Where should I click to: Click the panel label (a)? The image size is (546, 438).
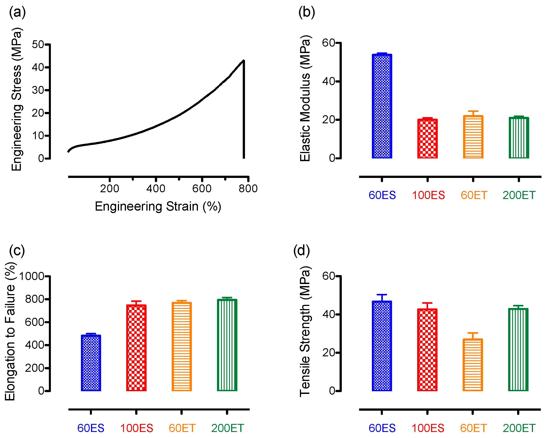coord(17,12)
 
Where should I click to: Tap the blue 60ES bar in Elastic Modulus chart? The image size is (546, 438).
coord(382,106)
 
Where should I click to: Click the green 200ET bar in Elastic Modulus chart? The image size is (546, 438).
coord(519,138)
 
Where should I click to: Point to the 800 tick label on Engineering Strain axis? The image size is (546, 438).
coord(248,189)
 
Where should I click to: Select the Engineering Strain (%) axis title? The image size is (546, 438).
coord(158,206)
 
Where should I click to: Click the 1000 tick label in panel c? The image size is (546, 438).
coord(32,276)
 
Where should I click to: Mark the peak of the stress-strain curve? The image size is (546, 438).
coord(244,60)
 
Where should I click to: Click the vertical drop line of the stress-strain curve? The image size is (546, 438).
coord(244,114)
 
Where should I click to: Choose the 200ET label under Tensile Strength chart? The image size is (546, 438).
coord(519,428)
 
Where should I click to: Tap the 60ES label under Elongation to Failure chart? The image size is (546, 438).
coord(91,428)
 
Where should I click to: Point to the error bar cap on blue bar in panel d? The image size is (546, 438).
coord(382,295)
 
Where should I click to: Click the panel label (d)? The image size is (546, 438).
coord(301,251)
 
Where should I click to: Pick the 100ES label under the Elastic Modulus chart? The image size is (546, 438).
coord(428,195)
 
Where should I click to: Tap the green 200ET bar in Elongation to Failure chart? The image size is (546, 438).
coord(227,345)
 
